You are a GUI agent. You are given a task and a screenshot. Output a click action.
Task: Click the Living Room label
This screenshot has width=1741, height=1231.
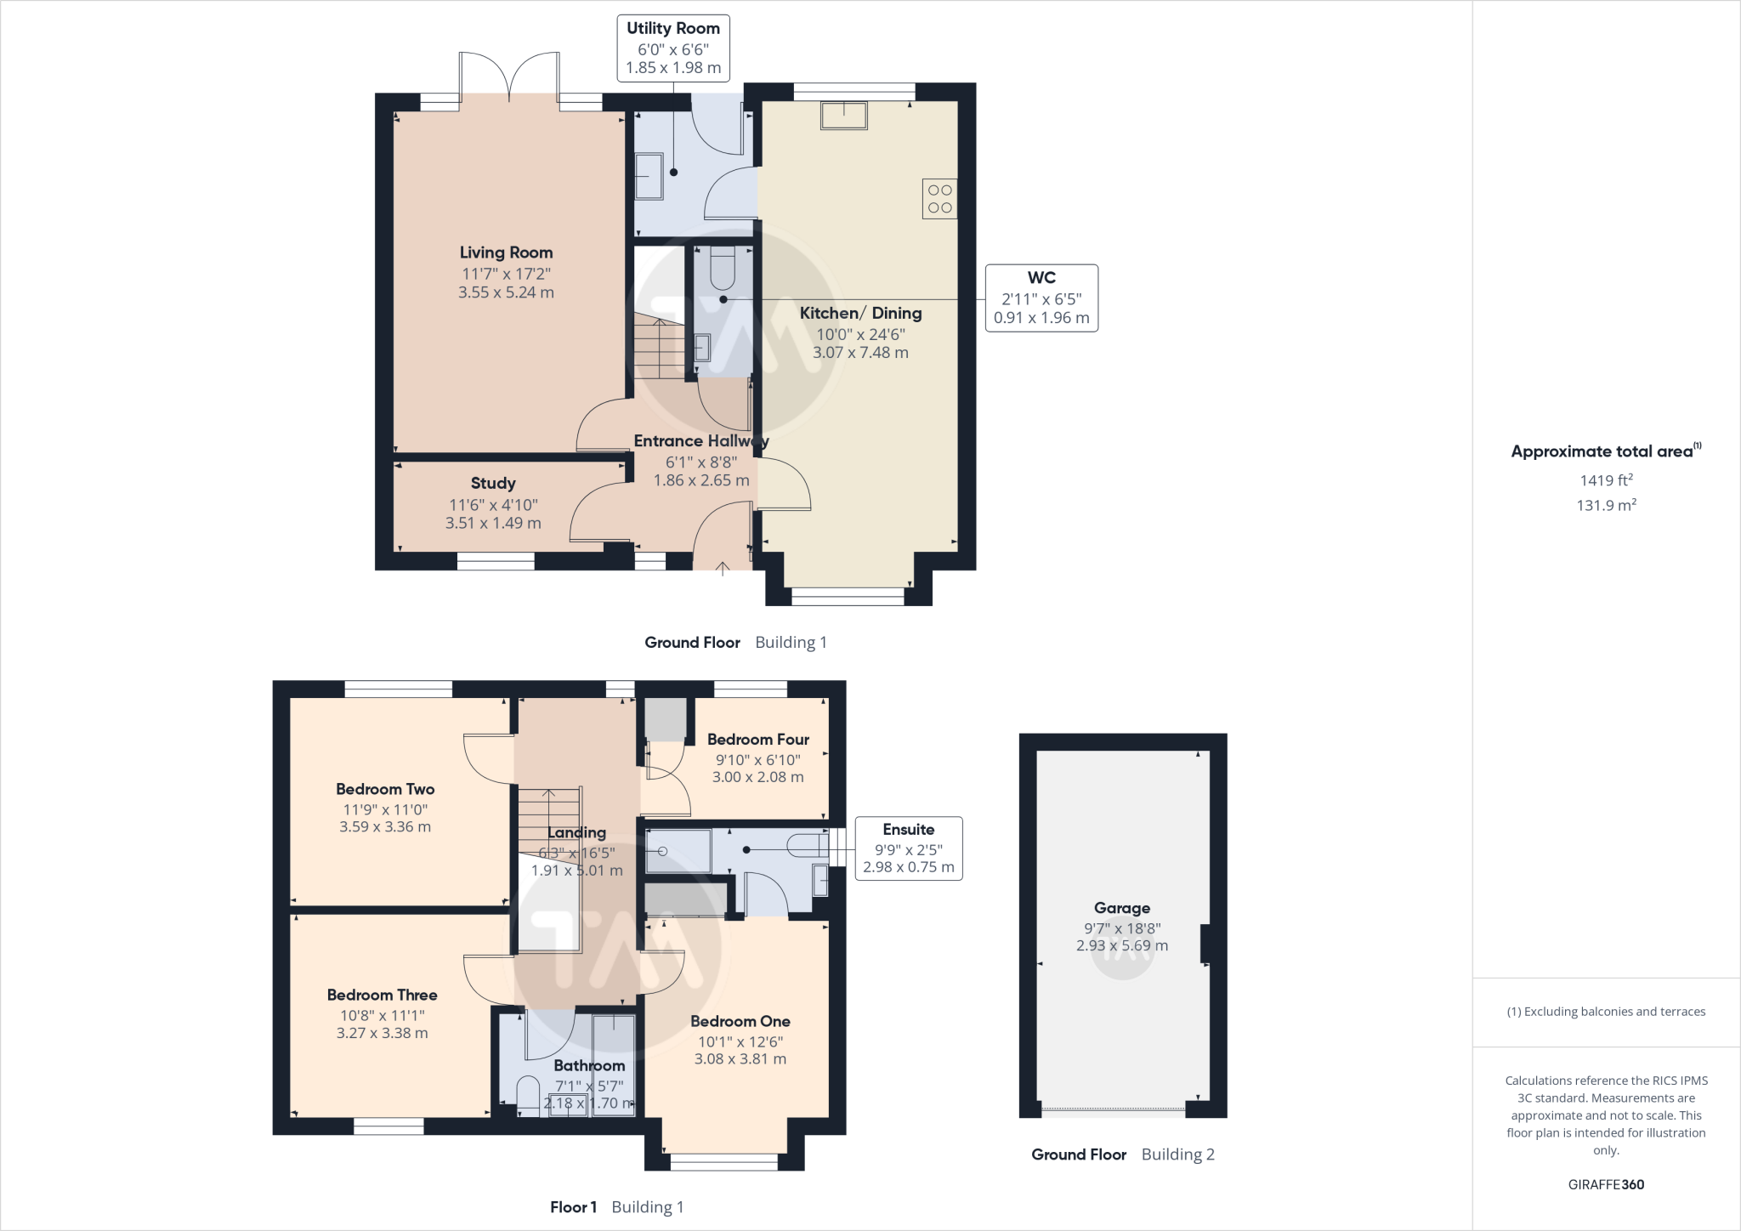(506, 252)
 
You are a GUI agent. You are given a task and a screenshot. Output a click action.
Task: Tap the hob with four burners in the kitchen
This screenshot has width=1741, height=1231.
(939, 199)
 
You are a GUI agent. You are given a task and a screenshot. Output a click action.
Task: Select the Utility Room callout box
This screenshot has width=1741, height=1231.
(673, 48)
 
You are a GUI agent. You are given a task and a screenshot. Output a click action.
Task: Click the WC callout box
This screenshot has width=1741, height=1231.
(1041, 298)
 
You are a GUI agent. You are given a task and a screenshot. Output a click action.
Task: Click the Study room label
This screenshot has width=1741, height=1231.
(493, 483)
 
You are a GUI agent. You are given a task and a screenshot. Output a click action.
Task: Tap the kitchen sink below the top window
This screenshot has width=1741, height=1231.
(843, 116)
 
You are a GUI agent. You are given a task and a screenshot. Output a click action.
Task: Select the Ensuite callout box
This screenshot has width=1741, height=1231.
(908, 848)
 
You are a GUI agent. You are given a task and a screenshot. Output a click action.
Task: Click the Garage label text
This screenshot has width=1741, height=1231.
(1122, 908)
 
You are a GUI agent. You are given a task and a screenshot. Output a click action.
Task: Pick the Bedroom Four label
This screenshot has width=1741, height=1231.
(757, 740)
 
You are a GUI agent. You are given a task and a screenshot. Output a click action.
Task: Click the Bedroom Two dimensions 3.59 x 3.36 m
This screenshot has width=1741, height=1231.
(385, 826)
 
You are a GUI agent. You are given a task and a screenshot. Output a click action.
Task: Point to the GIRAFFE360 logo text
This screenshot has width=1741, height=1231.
(1606, 1184)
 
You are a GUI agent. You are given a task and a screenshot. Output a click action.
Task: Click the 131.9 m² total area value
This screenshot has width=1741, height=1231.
(1606, 505)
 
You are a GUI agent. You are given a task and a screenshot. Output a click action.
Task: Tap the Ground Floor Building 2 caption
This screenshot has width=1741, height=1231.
(1122, 1154)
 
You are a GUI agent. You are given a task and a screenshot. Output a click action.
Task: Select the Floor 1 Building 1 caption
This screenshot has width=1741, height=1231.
(616, 1207)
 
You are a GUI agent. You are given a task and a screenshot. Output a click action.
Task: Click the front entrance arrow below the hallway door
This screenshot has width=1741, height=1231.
(723, 569)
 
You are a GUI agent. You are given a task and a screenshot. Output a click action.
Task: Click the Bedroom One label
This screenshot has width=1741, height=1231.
(740, 1021)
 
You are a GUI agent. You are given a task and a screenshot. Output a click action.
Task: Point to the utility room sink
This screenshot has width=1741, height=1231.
(649, 176)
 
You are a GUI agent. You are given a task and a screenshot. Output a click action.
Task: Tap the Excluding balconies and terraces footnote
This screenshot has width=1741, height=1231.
(1606, 1012)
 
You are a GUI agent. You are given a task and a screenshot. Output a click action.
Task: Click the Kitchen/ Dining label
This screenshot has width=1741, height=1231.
(860, 313)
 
